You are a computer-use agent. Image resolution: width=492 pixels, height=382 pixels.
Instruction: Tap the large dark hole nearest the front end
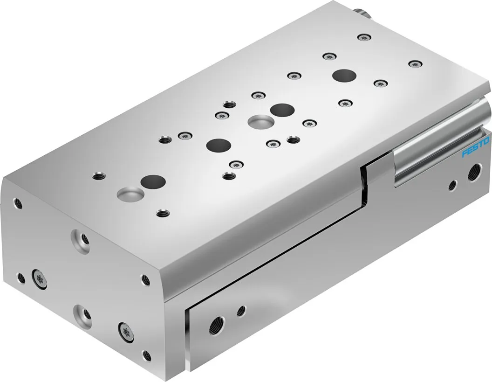point(153,181)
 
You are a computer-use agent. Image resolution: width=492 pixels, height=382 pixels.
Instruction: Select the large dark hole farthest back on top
point(344,76)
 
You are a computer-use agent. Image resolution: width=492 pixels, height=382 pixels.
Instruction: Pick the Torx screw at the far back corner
point(364,38)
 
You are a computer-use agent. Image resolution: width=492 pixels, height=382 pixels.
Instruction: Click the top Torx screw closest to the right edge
point(416,64)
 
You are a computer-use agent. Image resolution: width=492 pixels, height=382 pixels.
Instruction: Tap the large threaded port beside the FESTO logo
point(474,173)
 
